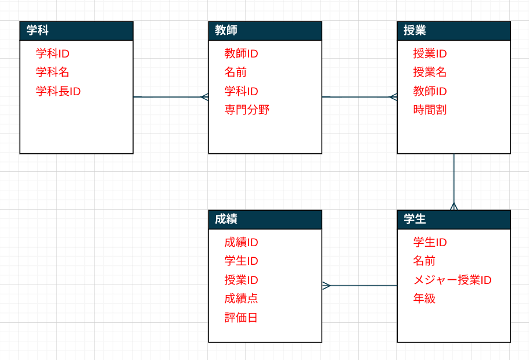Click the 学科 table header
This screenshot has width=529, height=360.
76,31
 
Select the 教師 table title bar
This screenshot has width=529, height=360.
265,31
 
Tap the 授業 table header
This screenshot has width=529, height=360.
454,31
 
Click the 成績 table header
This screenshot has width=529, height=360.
265,219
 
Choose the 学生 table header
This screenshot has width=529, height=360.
454,219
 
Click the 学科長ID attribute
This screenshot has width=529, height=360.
58,91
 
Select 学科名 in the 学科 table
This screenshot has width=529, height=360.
52,73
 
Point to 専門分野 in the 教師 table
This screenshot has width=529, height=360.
247,110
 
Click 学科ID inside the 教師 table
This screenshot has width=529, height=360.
241,91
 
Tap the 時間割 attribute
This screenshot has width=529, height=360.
430,110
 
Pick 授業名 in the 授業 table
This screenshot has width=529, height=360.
430,73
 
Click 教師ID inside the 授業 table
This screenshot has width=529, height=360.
430,91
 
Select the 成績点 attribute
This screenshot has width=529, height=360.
241,298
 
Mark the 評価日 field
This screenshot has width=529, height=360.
241,318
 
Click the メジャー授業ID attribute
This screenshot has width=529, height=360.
452,280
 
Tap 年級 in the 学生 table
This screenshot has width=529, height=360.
424,298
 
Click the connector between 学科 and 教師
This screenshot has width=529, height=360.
168,97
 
